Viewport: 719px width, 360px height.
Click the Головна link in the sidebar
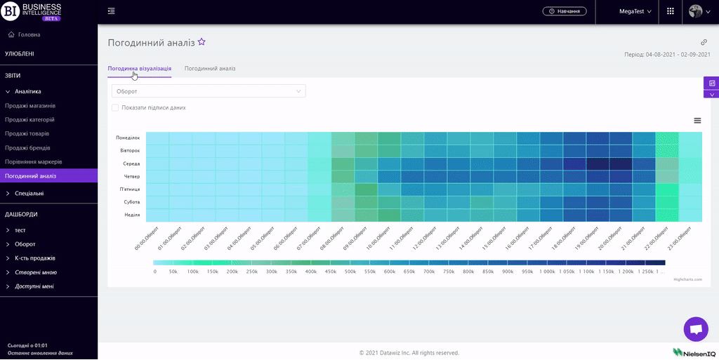point(29,34)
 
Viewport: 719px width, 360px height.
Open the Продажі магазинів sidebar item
point(30,105)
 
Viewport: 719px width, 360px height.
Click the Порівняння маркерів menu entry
point(34,161)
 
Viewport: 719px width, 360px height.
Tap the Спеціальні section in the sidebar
point(29,193)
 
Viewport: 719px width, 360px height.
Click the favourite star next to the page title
point(202,42)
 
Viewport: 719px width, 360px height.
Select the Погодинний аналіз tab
point(210,69)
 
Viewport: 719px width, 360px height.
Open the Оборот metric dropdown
point(209,91)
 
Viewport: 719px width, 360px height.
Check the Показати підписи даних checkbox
point(115,108)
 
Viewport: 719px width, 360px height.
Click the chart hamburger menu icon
point(697,121)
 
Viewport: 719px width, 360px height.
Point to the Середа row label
point(131,164)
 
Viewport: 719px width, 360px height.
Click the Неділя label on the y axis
point(132,215)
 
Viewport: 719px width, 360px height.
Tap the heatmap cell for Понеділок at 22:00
point(667,138)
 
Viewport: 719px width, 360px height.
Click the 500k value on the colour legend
point(349,271)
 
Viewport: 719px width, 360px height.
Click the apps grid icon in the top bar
point(671,11)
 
